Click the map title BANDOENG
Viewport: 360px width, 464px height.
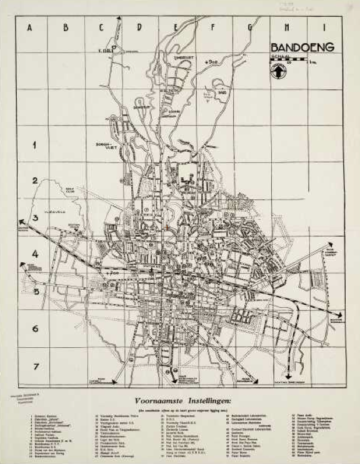tap(303, 47)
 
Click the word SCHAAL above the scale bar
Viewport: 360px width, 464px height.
tap(279, 57)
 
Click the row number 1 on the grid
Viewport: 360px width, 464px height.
tap(36, 145)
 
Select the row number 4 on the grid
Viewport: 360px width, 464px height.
tap(36, 254)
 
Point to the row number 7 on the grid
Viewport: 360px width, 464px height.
tap(36, 366)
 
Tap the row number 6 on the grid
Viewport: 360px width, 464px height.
tap(36, 328)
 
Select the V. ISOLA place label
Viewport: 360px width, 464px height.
tap(106, 49)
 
